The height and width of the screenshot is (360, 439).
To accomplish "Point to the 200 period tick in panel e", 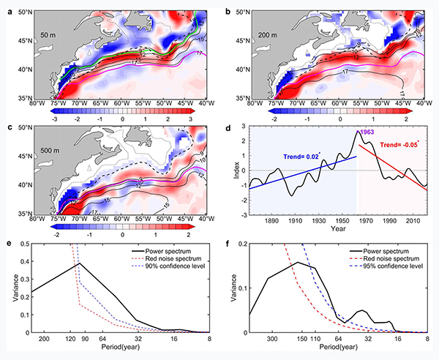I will (x=44, y=340).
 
